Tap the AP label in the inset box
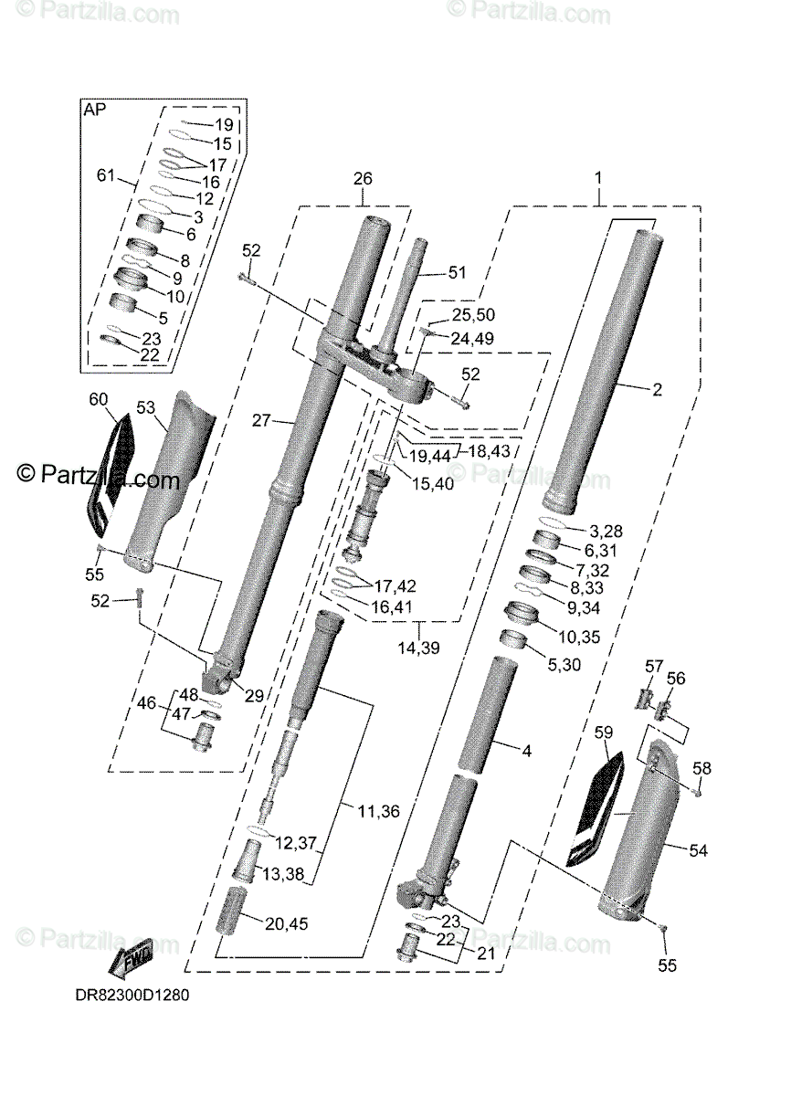[x=94, y=110]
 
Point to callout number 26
[x=363, y=179]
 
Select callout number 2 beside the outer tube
[x=656, y=389]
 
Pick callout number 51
[x=456, y=271]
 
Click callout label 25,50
[x=473, y=315]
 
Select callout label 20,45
[x=286, y=923]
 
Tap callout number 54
[x=698, y=850]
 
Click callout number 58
[x=701, y=768]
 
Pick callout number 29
[x=254, y=696]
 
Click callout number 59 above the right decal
[x=605, y=732]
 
